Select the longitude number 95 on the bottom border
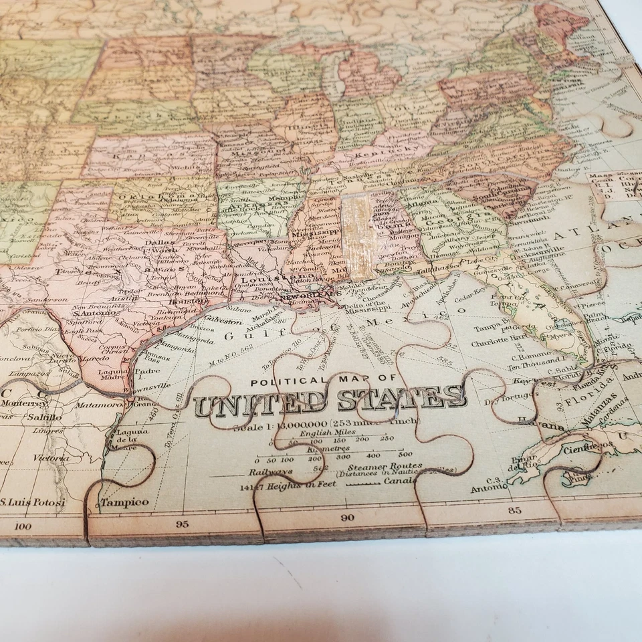tap(182, 524)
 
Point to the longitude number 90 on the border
tap(346, 517)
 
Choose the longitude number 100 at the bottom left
tap(22, 526)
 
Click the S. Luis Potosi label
tap(32, 502)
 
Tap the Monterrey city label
tap(23, 403)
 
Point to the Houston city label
tap(187, 302)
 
